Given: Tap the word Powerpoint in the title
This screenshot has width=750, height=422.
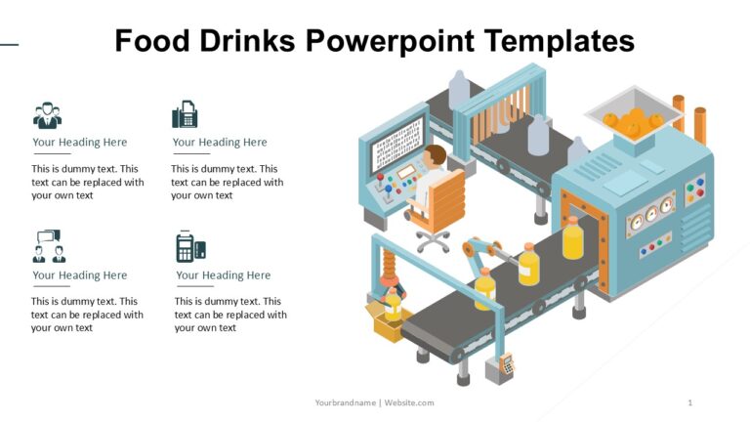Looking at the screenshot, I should (390, 41).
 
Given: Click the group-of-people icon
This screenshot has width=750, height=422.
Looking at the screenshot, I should (47, 115).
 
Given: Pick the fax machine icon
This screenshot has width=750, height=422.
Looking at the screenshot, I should (185, 114).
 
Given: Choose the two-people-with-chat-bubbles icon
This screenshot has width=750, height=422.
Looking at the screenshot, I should (48, 246).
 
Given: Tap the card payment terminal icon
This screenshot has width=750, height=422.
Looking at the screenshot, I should (189, 246).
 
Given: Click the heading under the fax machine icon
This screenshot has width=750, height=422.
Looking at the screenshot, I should (220, 143).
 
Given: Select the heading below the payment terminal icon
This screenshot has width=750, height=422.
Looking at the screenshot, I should (223, 275).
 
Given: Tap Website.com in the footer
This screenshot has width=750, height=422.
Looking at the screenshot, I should (409, 402).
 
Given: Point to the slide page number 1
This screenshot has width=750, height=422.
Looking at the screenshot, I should (690, 402).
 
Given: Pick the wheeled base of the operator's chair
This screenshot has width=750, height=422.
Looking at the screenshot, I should (433, 239).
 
